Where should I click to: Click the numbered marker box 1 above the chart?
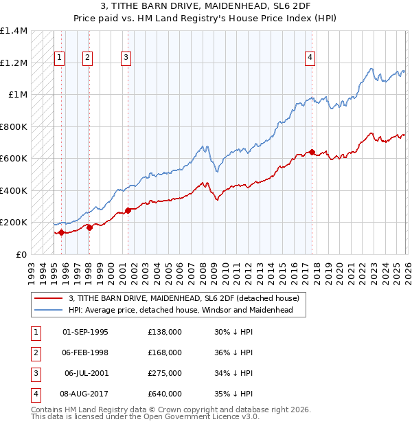(60, 58)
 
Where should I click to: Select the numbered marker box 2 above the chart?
(88, 58)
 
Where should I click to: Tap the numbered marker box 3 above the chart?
(126, 58)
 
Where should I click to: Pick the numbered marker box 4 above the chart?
(310, 58)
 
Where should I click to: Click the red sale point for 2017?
(312, 152)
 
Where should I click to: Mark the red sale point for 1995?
(61, 232)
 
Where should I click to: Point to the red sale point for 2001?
(128, 210)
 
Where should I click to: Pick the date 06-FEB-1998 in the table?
(85, 352)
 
